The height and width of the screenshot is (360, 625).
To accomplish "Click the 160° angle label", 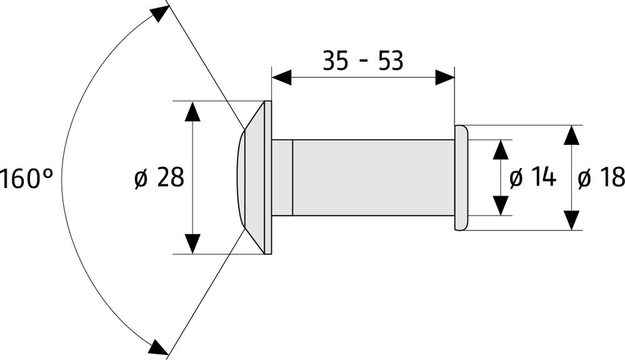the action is [26, 178].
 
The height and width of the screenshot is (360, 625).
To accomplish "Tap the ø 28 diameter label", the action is [159, 177].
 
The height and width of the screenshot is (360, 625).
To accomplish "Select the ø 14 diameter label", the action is [532, 177].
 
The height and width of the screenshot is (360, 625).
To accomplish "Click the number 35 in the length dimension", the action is [336, 61].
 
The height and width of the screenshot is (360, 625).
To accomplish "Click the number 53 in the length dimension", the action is [391, 61].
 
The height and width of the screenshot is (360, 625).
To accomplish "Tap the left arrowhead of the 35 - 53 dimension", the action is [281, 77].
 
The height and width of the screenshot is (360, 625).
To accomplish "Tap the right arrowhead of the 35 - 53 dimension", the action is [445, 77].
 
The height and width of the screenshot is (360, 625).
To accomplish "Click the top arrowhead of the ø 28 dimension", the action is [193, 111].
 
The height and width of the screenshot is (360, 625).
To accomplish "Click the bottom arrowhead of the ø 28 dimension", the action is [193, 244].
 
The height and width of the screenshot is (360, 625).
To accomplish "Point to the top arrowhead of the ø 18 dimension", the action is [572, 135].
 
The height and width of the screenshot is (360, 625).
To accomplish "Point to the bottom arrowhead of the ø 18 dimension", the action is [572, 221].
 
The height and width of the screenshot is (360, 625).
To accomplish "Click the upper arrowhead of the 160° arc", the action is [159, 14].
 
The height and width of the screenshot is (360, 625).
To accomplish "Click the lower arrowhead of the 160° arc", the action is [159, 346].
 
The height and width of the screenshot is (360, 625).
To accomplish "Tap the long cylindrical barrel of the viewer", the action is [374, 177].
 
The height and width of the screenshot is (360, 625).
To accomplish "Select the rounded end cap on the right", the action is [461, 177].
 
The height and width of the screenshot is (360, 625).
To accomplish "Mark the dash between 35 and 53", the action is [363, 62].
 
